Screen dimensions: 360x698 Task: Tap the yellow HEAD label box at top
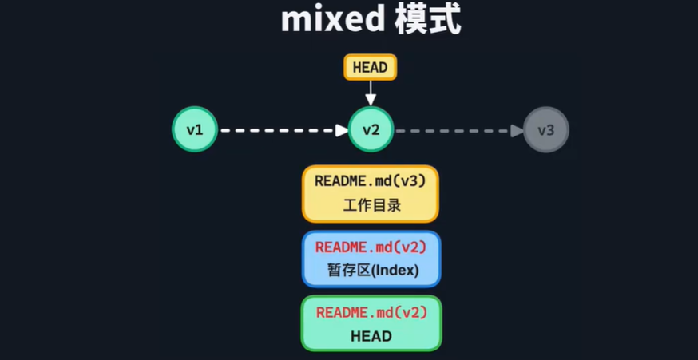pyautogui.click(x=370, y=67)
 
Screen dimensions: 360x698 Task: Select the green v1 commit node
pyautogui.click(x=195, y=129)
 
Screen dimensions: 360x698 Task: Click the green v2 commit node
pyautogui.click(x=371, y=129)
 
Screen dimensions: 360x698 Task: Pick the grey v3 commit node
pyautogui.click(x=546, y=129)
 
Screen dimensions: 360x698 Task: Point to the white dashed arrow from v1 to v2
pyautogui.click(x=280, y=129)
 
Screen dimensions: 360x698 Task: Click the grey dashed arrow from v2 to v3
pyautogui.click(x=455, y=129)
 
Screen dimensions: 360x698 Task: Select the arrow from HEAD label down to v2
pyautogui.click(x=371, y=92)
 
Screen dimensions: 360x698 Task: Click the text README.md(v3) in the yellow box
pyautogui.click(x=371, y=181)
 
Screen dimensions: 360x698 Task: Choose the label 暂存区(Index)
pyautogui.click(x=372, y=270)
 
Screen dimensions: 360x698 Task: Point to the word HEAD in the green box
pyautogui.click(x=371, y=336)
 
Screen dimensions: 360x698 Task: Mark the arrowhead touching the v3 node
pyautogui.click(x=518, y=129)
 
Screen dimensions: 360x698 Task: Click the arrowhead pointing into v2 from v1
pyautogui.click(x=342, y=129)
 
